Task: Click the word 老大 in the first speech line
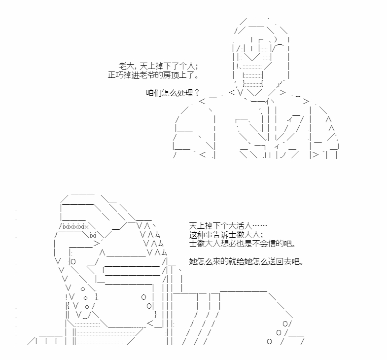point(126,66)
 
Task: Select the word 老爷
point(147,75)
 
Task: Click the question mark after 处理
point(197,93)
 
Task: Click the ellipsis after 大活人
point(260,226)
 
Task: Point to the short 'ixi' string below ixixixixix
point(93,235)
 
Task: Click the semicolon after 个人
point(196,67)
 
